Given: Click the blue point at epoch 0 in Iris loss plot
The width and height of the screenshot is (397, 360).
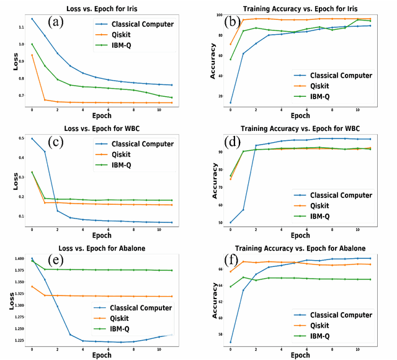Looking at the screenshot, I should [32, 19].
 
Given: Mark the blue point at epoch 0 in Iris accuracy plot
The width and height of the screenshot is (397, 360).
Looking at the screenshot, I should [231, 102].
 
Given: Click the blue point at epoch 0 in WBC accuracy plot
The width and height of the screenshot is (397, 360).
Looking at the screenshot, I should [231, 222].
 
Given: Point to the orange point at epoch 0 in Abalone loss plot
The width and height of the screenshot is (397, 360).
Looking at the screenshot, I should [32, 286].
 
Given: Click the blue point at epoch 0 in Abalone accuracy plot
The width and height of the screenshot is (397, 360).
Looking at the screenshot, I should [231, 342].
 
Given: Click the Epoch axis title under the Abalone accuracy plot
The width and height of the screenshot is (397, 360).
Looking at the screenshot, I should [301, 354].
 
